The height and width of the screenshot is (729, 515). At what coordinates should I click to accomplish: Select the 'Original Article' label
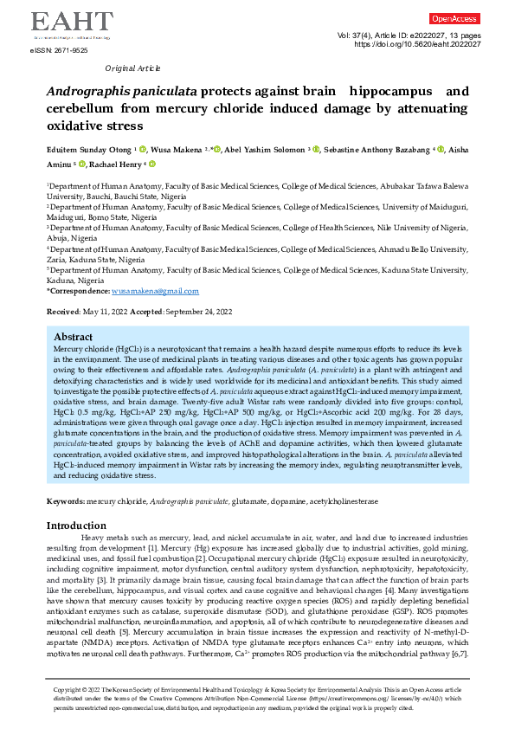132,68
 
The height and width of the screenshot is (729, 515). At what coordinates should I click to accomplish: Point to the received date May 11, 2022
100,311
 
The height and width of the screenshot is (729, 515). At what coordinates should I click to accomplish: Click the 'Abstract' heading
74,337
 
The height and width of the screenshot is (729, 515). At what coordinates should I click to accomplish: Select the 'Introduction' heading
76,526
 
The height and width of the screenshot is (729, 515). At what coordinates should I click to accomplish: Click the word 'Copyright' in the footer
68,689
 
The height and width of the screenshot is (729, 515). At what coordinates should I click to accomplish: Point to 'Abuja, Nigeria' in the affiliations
72,238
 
